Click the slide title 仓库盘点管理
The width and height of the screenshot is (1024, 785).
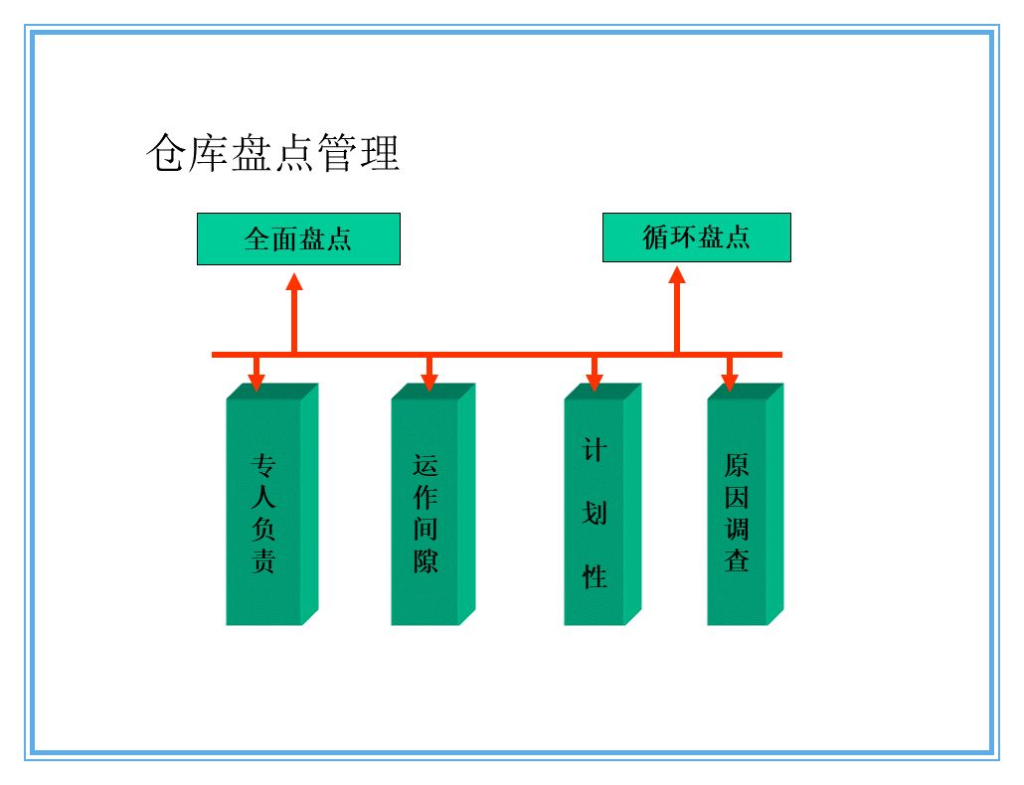click(273, 154)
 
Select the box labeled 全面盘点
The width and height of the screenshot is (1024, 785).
click(298, 238)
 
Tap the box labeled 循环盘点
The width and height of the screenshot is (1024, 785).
click(696, 237)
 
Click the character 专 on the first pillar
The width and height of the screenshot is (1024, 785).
click(263, 465)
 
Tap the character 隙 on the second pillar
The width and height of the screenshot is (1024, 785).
click(426, 560)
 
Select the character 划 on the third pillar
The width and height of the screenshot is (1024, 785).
click(595, 514)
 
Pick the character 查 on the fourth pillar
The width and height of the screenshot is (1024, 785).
click(737, 559)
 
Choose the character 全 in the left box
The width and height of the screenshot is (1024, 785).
click(257, 238)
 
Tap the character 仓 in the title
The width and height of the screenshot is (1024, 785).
click(165, 154)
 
